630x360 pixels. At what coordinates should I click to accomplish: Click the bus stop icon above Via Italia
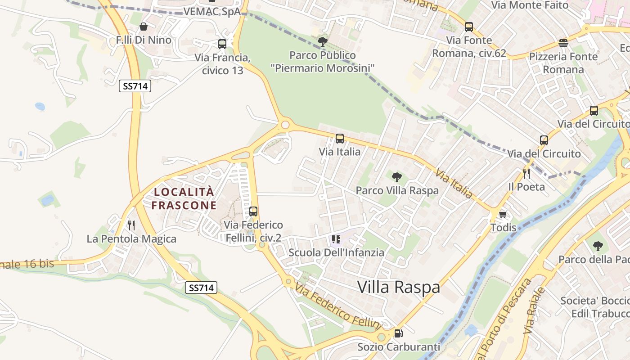(340, 139)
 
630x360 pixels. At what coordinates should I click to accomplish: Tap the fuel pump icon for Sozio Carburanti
(398, 333)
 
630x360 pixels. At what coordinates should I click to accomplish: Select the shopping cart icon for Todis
(503, 214)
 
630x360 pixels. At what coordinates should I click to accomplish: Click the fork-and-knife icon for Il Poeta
(526, 173)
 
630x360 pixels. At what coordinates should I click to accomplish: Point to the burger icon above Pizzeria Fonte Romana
(563, 43)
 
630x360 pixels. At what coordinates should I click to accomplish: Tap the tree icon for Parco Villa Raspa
(396, 177)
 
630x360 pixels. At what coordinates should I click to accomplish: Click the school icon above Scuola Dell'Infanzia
(336, 239)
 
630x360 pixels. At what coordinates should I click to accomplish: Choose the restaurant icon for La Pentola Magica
(131, 225)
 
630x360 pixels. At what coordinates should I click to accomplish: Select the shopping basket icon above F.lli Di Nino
(144, 27)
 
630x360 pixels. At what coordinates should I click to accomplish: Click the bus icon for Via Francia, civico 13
(222, 44)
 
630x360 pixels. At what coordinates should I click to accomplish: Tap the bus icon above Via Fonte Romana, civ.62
(469, 27)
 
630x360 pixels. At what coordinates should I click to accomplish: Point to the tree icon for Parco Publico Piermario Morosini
(322, 42)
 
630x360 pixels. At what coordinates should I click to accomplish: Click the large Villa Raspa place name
(399, 287)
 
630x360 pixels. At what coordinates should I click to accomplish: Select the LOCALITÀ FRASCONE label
(184, 198)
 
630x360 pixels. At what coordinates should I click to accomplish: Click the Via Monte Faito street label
(530, 5)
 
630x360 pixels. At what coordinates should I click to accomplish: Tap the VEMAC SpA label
(212, 12)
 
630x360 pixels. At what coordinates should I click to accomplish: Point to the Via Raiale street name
(535, 310)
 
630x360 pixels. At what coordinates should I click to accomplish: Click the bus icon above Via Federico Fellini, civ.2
(253, 211)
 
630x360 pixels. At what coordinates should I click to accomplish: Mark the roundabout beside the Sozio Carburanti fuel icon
(382, 337)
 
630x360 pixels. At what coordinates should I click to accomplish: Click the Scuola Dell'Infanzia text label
(336, 252)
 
